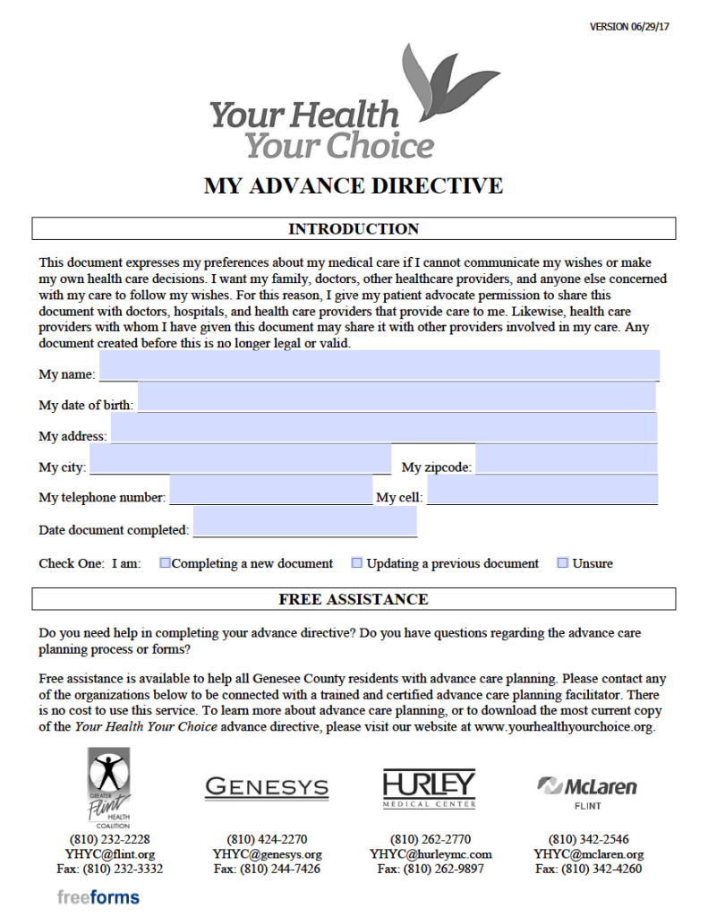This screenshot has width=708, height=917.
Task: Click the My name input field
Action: tap(379, 365)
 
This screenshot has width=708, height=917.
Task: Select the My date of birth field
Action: tap(397, 397)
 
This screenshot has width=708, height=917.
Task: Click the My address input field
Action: tap(383, 427)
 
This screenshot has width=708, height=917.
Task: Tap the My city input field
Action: tap(240, 458)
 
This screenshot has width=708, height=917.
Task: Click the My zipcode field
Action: tap(566, 458)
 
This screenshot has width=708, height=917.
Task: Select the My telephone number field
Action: tap(270, 490)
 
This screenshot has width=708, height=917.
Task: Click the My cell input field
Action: tap(542, 490)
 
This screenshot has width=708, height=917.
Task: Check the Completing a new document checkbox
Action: tap(165, 563)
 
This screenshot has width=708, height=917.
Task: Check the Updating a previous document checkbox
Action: tap(356, 563)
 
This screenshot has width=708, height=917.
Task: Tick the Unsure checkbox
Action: tap(562, 563)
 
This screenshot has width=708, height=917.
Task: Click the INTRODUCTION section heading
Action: tap(354, 229)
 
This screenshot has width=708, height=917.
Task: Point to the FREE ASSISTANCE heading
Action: tap(354, 599)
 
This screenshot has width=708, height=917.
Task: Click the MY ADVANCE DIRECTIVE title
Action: tap(354, 186)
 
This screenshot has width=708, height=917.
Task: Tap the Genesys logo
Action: tap(267, 788)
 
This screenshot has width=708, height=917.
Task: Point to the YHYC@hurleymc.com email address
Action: tap(431, 854)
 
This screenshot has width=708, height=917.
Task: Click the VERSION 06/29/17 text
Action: tap(630, 26)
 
